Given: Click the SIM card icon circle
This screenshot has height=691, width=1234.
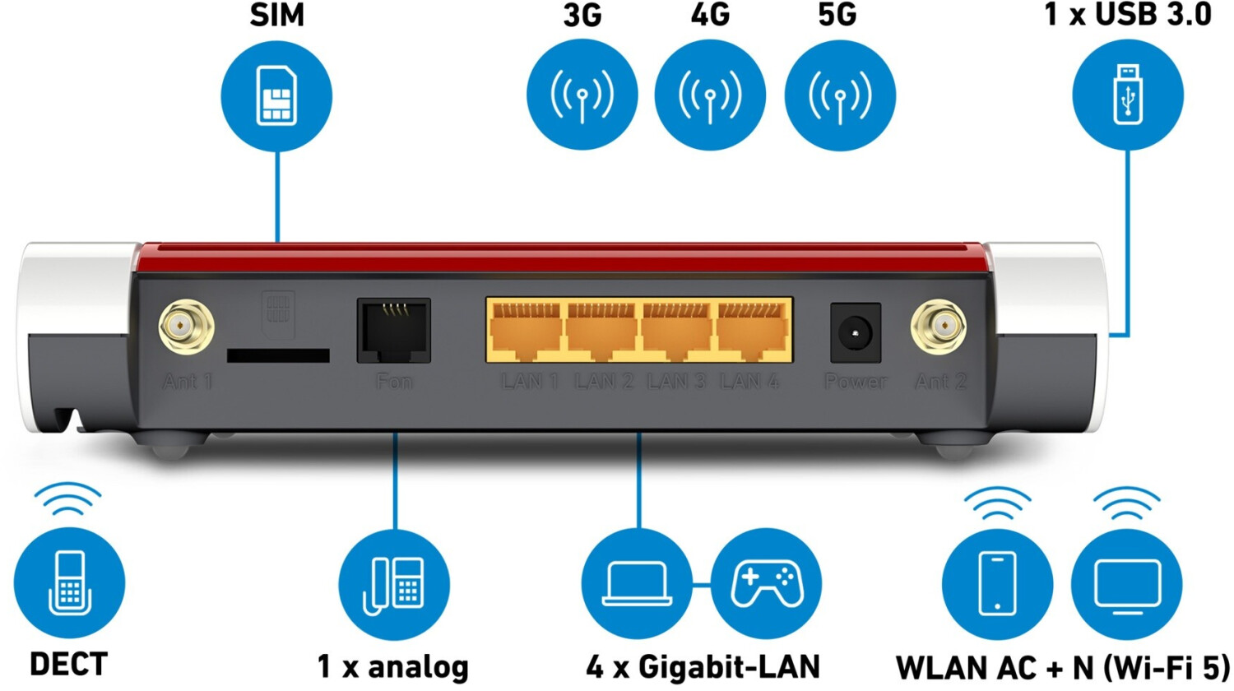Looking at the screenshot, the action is [x=276, y=96].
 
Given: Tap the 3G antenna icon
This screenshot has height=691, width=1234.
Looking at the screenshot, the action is [x=582, y=95].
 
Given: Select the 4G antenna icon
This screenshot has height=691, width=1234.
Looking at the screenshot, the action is [x=710, y=95].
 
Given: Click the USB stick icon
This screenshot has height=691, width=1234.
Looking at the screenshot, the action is [x=1128, y=95].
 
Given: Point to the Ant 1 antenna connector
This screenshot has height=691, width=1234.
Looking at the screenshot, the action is [x=186, y=327].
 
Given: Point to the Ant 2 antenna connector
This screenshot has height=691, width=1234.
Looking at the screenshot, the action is [x=938, y=327].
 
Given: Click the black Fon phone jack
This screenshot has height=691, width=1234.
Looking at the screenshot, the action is [x=393, y=331].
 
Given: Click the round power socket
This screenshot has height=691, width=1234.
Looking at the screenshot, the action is [x=855, y=333].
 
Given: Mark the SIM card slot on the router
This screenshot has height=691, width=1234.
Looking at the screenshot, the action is [x=278, y=355].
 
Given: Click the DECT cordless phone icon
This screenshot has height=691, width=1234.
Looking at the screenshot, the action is [x=69, y=582].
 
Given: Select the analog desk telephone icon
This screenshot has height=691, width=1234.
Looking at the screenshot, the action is [x=394, y=585].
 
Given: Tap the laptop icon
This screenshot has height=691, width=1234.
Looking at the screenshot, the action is [x=637, y=584].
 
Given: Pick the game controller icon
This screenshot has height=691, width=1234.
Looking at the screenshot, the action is [x=766, y=584].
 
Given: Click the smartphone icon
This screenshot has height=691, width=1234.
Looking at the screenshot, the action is [x=997, y=584].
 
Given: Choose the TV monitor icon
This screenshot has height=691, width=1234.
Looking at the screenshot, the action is [x=1126, y=584].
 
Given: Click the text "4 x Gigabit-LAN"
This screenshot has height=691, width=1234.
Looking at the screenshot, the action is [x=703, y=667].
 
